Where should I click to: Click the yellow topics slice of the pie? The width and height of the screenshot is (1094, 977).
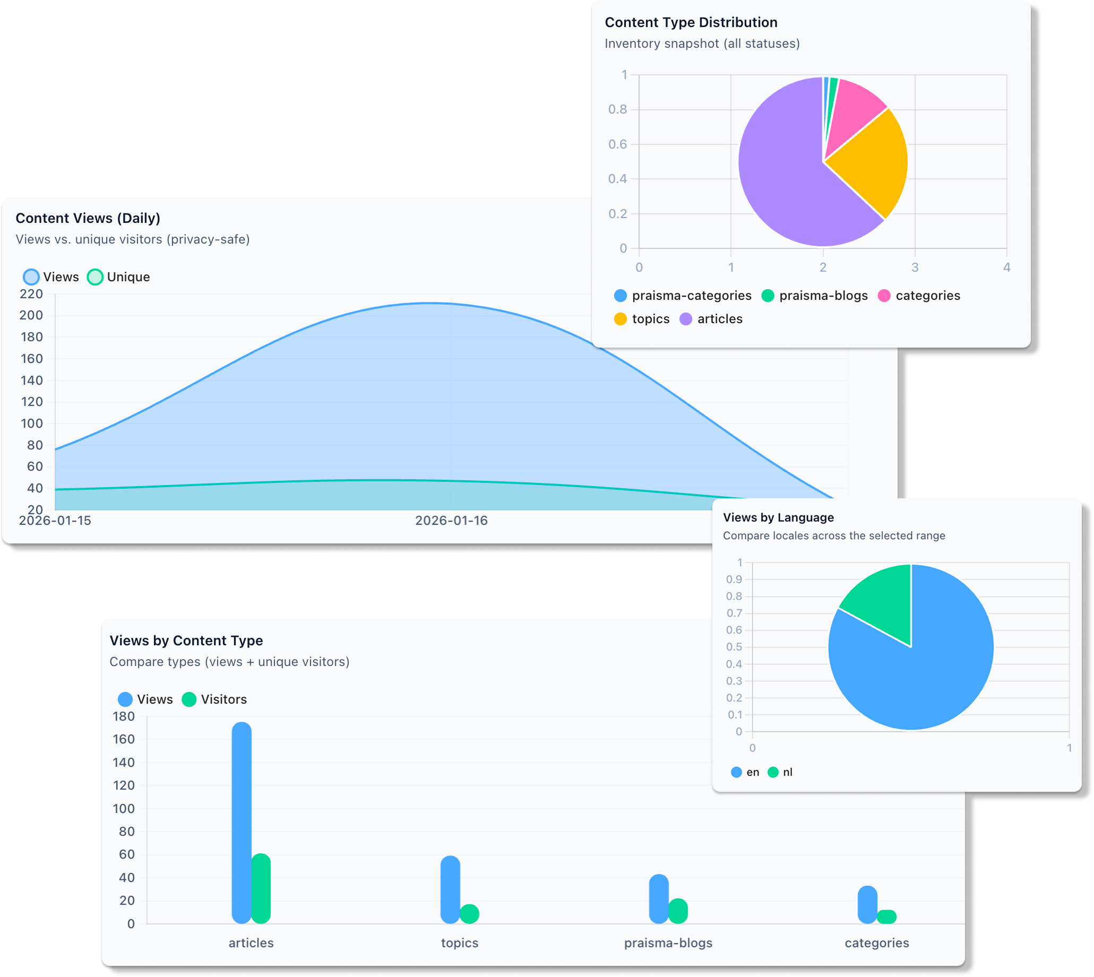[869, 161]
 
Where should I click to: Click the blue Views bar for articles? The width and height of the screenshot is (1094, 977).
[242, 822]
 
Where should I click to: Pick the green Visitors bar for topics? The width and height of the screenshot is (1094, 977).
[470, 914]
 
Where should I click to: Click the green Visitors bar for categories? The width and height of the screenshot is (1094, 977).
[887, 917]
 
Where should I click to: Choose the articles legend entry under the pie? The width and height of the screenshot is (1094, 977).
[711, 319]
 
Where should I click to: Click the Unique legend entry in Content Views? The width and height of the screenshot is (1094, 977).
[119, 277]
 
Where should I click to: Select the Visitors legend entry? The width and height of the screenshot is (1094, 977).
[215, 699]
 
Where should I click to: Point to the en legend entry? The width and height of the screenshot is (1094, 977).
[746, 772]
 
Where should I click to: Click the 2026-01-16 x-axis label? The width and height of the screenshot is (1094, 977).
[451, 521]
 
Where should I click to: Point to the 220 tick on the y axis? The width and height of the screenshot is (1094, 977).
[31, 294]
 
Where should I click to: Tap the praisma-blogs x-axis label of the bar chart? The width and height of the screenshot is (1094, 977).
[668, 943]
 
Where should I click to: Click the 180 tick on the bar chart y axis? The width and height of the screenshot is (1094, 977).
[124, 716]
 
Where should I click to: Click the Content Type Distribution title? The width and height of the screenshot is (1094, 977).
[691, 22]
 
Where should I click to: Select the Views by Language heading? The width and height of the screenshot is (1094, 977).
[778, 517]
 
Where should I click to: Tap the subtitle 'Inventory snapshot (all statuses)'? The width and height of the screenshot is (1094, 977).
[702, 44]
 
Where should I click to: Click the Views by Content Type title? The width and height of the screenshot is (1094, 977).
[186, 641]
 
